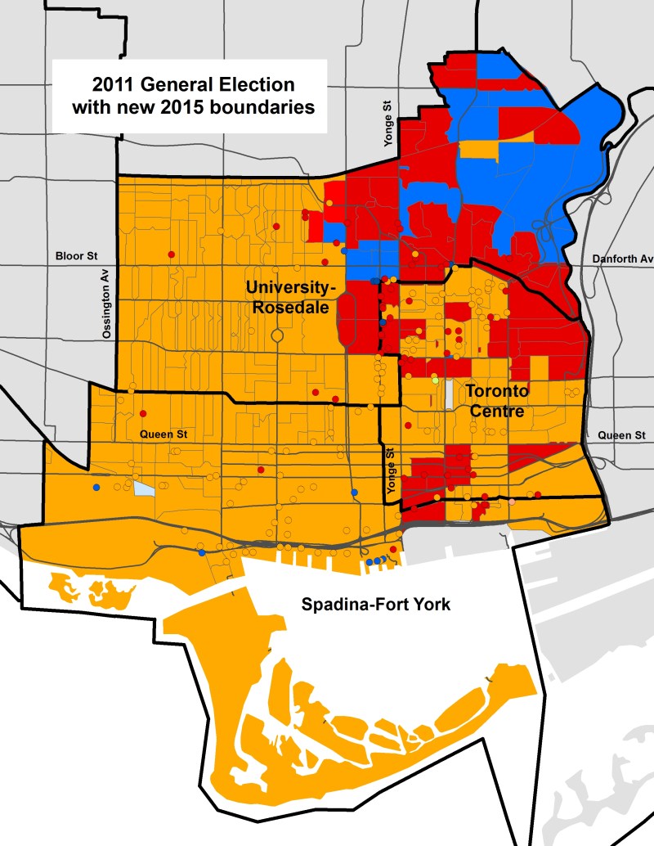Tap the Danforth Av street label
(x=623, y=259)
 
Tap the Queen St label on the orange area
(x=158, y=434)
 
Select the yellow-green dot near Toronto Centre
(x=435, y=381)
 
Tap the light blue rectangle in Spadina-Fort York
(x=144, y=489)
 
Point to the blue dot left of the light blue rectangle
(x=96, y=488)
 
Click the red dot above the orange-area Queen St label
(x=142, y=413)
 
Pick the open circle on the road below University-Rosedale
(x=277, y=335)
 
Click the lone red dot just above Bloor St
(x=172, y=253)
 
